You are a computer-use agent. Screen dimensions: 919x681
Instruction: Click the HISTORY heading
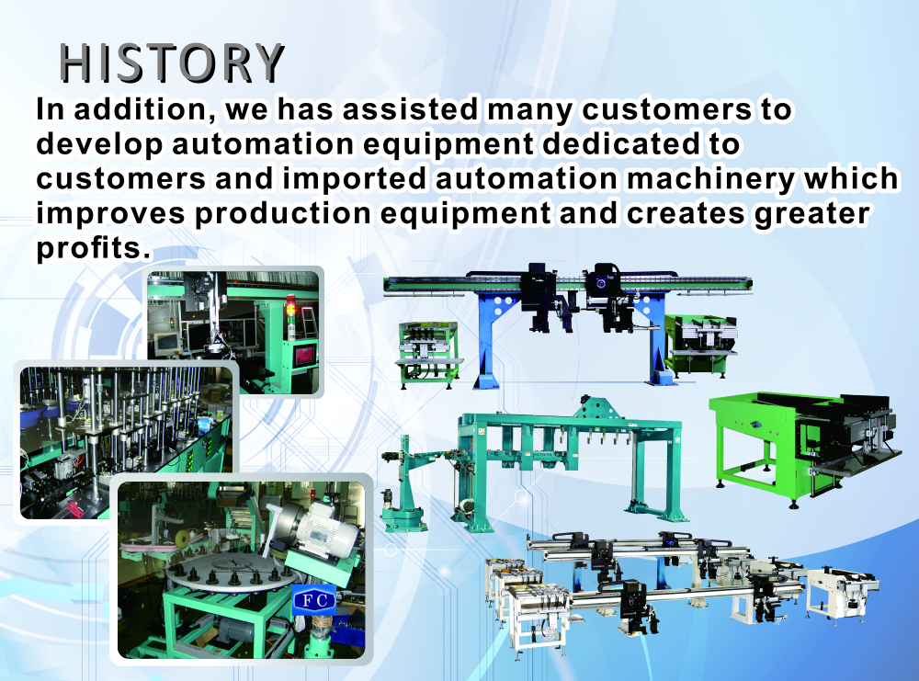pos(172,63)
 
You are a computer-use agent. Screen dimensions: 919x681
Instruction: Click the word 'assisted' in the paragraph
pos(410,109)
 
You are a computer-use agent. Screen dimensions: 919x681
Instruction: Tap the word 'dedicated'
pos(620,144)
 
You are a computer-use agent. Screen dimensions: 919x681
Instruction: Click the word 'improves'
pos(111,215)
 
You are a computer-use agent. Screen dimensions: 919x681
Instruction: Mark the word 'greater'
pos(811,215)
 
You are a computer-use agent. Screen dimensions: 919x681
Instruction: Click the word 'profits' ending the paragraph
pos(94,249)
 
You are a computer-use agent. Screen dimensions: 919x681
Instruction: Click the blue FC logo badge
pos(314,599)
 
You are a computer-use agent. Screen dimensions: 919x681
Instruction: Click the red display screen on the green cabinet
pos(305,355)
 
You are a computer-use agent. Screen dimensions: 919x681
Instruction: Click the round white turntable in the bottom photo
pos(232,572)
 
